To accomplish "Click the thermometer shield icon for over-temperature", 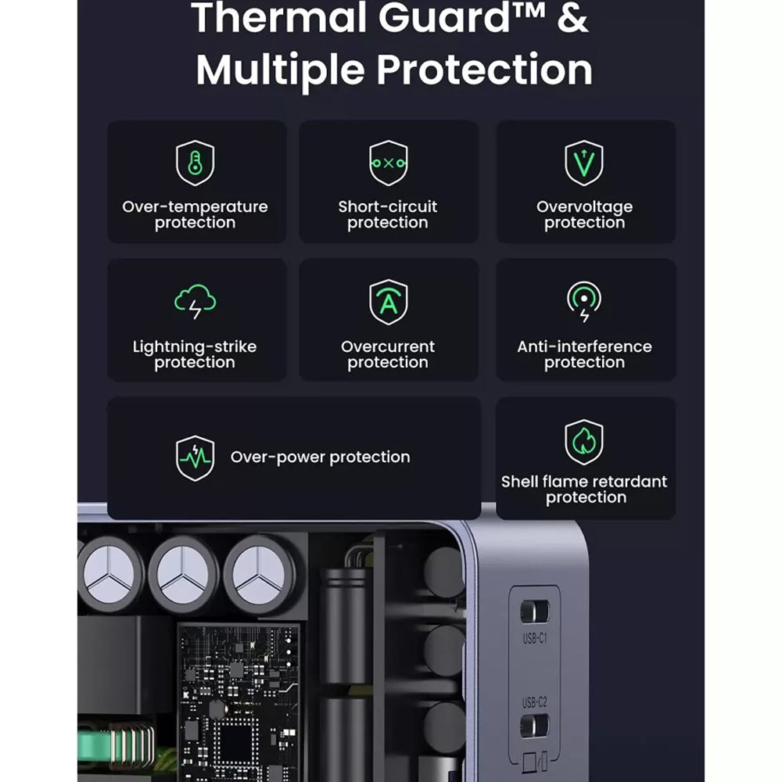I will (x=195, y=163).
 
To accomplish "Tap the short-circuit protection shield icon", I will (x=388, y=163).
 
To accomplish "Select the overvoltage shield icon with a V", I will (x=584, y=163).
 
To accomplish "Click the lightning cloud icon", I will (x=195, y=303).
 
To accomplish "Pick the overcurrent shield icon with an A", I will (x=388, y=303).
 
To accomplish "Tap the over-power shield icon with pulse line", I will (x=195, y=458).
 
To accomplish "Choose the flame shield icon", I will (x=584, y=442).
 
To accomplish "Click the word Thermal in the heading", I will (x=266, y=20).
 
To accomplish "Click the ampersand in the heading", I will (x=573, y=20).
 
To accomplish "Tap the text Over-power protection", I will (x=320, y=457).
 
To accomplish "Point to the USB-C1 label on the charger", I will (x=535, y=638).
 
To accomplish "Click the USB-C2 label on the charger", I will (x=535, y=702).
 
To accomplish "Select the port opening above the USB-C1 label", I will (x=535, y=612).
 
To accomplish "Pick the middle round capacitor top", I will (x=183, y=574).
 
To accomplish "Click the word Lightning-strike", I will (x=195, y=346).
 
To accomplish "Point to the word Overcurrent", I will (x=388, y=346).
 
